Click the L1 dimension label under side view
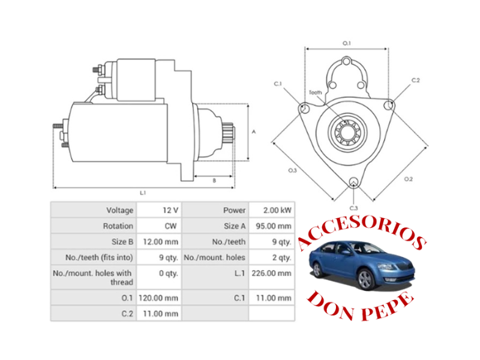pyautogui.click(x=143, y=193)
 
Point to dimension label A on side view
pyautogui.click(x=254, y=131)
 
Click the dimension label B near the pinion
pyautogui.click(x=214, y=180)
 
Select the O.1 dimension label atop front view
pyautogui.click(x=346, y=43)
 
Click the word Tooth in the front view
pyautogui.click(x=315, y=92)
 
